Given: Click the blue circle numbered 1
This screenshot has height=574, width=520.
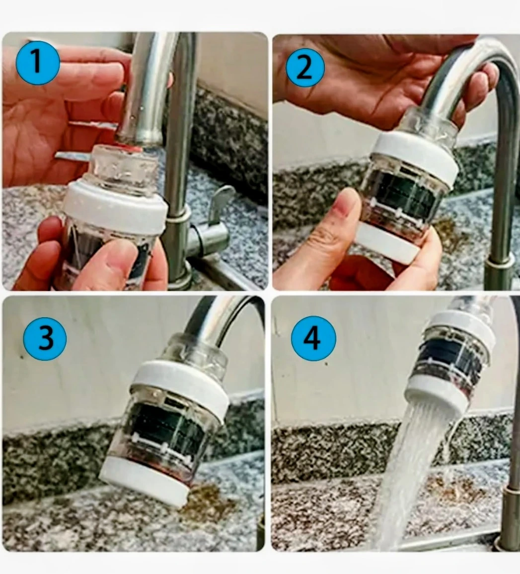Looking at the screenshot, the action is coord(37,63).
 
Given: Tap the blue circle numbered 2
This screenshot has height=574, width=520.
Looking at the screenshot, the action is coord(305,69).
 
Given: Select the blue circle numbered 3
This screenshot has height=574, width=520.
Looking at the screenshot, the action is coord(45,338).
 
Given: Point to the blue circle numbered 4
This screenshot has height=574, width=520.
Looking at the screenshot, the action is coord(313,338).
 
